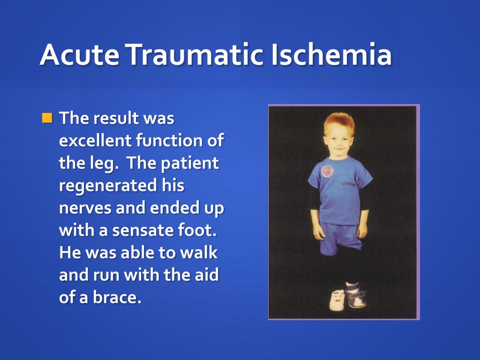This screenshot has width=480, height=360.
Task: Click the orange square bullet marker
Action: (47, 118)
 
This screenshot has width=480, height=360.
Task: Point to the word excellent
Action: (95, 140)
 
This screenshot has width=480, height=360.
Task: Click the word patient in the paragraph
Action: (190, 164)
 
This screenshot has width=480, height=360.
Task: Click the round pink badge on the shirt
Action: (327, 171)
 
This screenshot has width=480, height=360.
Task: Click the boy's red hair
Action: (339, 123)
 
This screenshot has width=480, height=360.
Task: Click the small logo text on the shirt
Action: (348, 184)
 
